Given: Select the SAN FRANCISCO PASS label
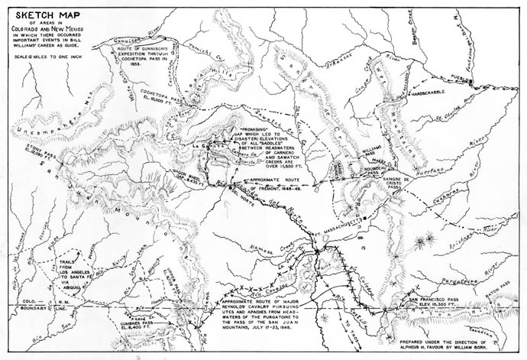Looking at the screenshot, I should tap(436, 297).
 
